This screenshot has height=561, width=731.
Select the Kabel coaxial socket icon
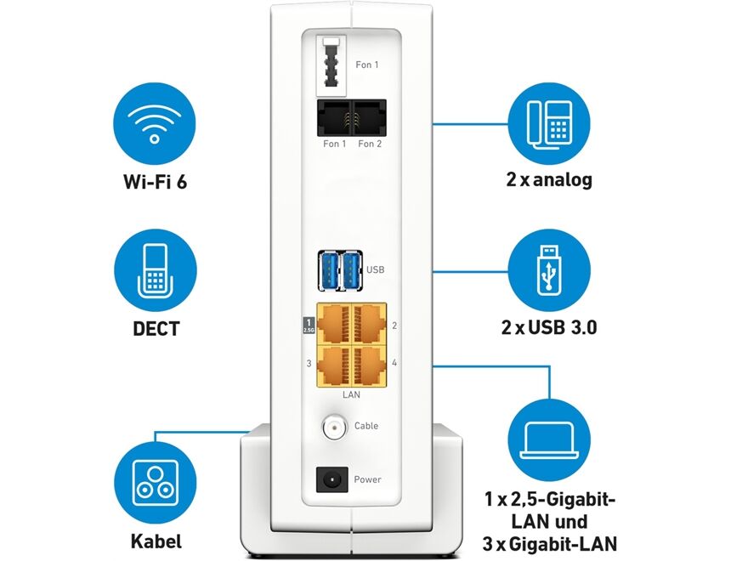pos(154,481)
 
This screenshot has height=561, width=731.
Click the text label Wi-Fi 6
pos(154,181)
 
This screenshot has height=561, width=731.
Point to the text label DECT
pos(154,328)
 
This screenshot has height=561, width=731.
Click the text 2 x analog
pos(547,180)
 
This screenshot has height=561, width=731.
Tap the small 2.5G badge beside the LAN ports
pos(309,326)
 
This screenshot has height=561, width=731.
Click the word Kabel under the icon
pos(154,540)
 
